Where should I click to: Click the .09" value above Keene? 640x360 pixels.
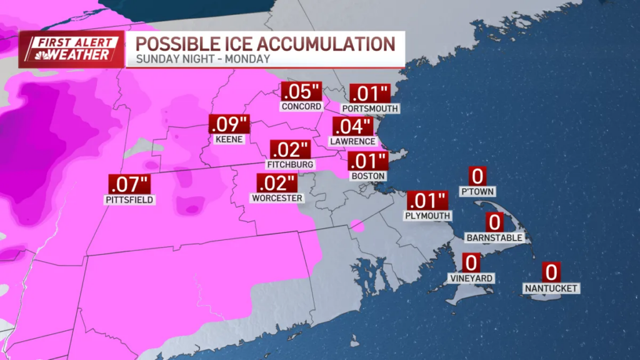point(229,124)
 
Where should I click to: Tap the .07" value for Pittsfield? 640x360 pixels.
point(130,185)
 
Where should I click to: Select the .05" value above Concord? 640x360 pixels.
point(301,92)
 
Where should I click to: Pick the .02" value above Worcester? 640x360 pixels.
point(276,183)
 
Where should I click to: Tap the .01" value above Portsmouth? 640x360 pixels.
point(370,94)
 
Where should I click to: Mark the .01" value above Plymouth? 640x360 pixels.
point(428,201)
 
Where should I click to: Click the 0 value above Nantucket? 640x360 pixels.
point(551,272)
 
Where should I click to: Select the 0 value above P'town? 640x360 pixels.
point(478,176)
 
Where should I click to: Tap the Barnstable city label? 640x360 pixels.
point(495,237)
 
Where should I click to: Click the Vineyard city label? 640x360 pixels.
point(471,277)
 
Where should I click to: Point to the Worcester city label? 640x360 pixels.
point(277,198)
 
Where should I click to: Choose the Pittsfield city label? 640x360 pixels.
point(130,200)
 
